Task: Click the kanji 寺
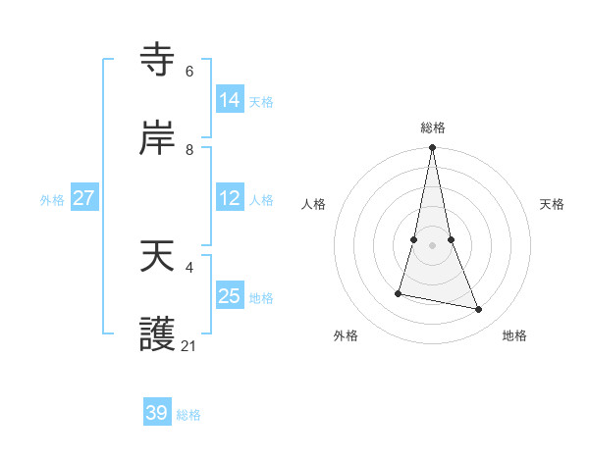click(158, 60)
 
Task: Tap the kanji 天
click(158, 257)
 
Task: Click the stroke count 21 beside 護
click(189, 346)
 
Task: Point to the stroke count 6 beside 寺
click(189, 72)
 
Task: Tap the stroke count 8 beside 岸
click(189, 150)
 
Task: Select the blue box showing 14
click(230, 100)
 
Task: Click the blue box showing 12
click(230, 198)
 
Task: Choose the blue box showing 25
click(230, 296)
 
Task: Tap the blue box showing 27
click(84, 198)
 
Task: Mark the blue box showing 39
click(157, 413)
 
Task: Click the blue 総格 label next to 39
click(188, 415)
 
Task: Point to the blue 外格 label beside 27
click(52, 200)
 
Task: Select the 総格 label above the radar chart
click(433, 128)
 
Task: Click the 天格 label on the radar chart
click(553, 204)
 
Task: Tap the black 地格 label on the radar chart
click(514, 335)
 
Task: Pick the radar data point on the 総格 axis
click(433, 148)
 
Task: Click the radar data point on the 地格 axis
click(479, 310)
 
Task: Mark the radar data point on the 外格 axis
click(399, 293)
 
